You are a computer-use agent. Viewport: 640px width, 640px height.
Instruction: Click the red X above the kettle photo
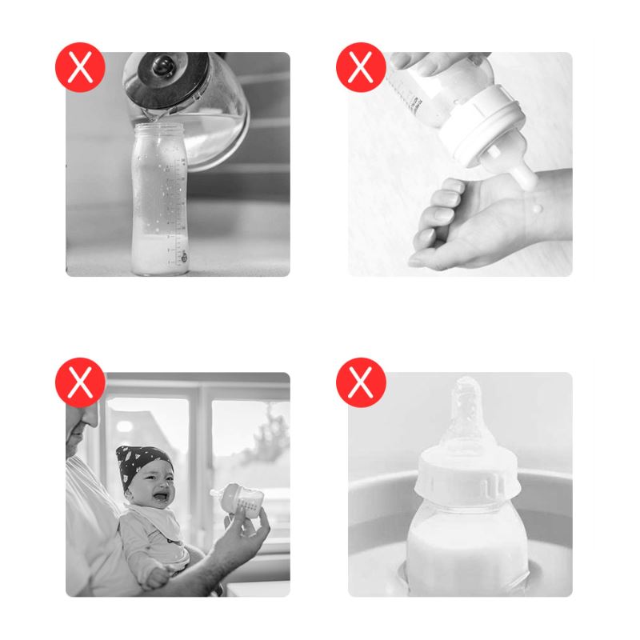[80, 67]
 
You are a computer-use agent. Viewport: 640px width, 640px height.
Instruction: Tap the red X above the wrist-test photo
[361, 67]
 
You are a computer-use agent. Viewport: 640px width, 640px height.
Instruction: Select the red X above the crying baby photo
[80, 382]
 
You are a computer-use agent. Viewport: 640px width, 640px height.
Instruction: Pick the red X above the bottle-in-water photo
[361, 382]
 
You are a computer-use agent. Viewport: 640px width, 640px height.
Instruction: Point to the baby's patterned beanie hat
[141, 460]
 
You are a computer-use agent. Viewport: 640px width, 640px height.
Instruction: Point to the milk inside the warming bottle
[464, 552]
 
